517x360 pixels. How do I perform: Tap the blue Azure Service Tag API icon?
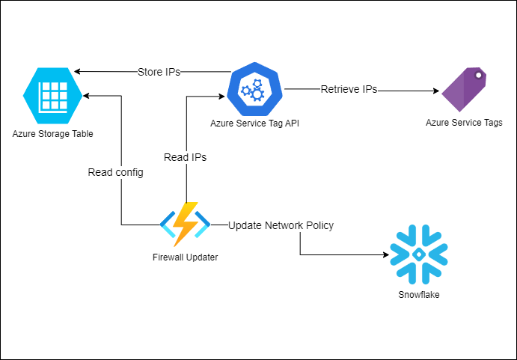click(257, 90)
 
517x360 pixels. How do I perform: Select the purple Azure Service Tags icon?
click(464, 90)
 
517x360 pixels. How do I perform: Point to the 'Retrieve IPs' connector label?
click(349, 90)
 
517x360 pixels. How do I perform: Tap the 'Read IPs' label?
click(185, 157)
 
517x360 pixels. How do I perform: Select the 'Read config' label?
click(115, 172)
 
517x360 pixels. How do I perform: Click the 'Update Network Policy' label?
click(281, 225)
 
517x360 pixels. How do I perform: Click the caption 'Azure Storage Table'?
click(53, 134)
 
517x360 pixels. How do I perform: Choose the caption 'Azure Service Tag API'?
click(257, 123)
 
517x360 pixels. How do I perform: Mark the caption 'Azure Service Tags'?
click(464, 123)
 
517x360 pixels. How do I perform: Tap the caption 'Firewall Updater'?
click(185, 257)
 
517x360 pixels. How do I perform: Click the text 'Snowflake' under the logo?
click(419, 295)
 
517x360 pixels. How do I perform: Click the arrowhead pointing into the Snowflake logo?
click(384, 255)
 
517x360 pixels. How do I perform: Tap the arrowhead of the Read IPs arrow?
click(222, 96)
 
